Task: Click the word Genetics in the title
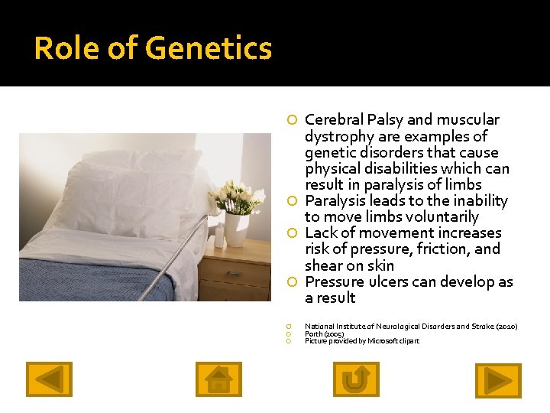click(207, 49)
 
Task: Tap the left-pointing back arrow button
click(49, 379)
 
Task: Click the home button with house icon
click(218, 379)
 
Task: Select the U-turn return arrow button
click(356, 379)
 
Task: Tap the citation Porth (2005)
click(325, 334)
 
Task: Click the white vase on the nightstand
click(237, 229)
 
